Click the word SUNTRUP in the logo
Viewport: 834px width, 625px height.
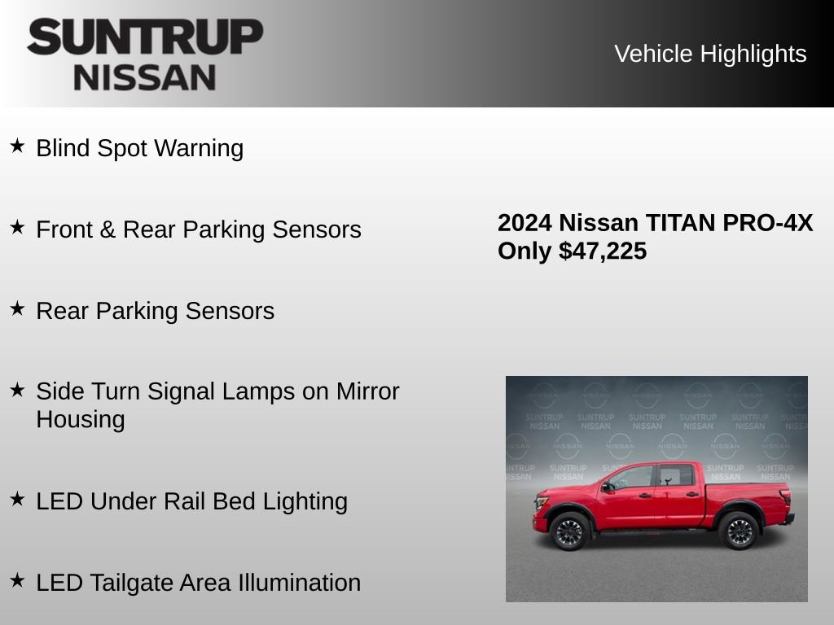pos(145,37)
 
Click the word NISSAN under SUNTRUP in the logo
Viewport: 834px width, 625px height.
pos(145,77)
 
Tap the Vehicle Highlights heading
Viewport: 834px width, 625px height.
pos(710,54)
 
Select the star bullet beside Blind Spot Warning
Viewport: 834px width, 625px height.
pos(17,146)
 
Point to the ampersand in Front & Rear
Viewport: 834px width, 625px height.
pos(108,229)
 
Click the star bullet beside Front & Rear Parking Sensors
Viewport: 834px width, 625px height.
pos(17,228)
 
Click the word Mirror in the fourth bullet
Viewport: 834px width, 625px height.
pos(367,391)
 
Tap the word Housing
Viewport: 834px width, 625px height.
pos(81,420)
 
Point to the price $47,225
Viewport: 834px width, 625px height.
pos(603,251)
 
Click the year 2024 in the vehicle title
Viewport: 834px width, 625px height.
pos(525,223)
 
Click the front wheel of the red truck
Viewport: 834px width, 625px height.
pos(569,532)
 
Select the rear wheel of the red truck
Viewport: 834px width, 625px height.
pos(738,531)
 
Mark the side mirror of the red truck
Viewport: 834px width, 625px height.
pos(608,487)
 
